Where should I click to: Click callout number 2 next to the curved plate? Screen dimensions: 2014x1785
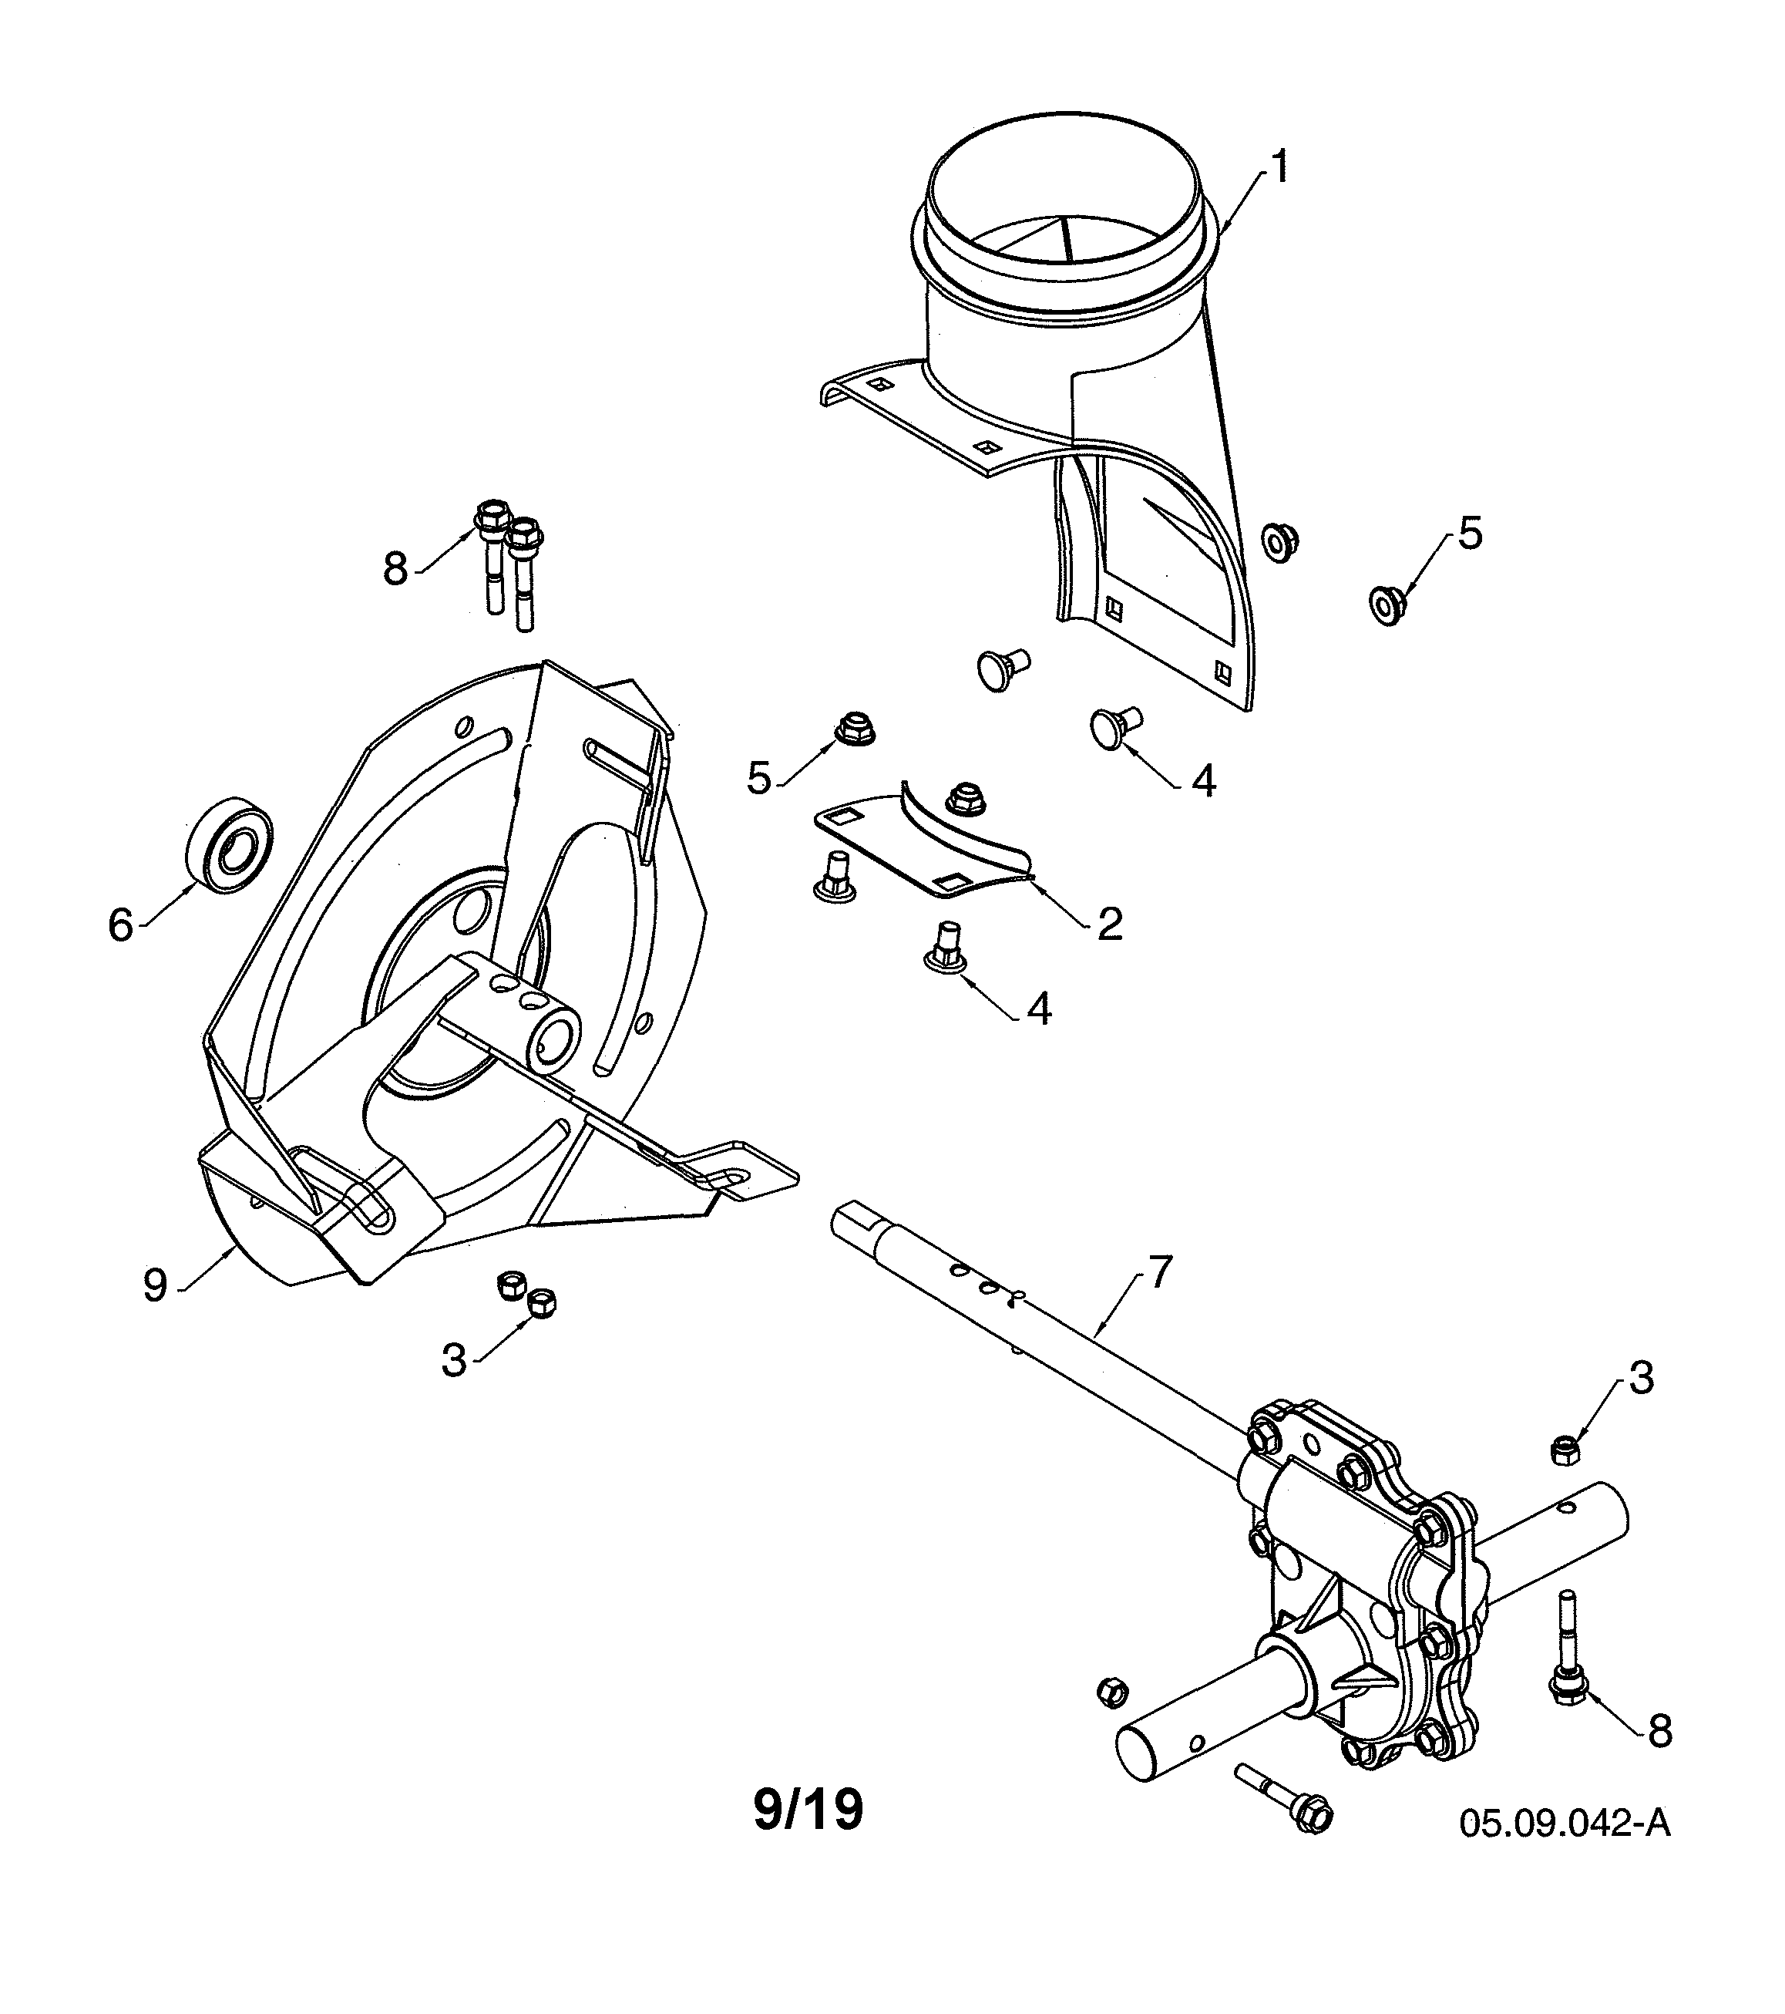coord(1109,924)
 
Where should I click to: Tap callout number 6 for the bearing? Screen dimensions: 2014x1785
coord(120,925)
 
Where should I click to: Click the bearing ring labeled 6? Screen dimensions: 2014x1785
coord(230,845)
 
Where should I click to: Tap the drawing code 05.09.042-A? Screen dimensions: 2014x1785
coord(1565,1823)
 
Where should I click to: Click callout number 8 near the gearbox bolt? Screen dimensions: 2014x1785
coord(1660,1731)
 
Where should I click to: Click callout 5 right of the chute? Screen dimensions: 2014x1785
coord(1469,534)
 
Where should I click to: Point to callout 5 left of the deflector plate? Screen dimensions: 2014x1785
coord(758,779)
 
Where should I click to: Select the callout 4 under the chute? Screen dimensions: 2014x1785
coord(1203,781)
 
